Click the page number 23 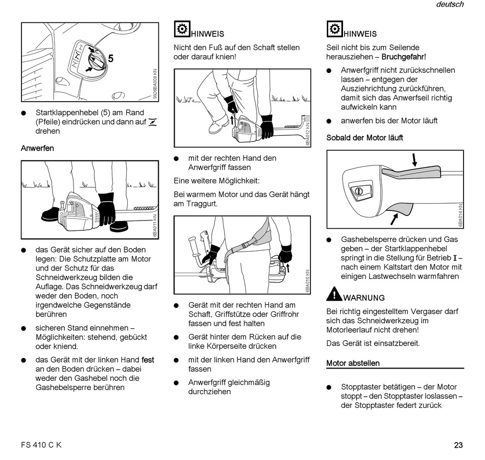point(458,445)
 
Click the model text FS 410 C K point(41,445)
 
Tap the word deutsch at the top point(450,5)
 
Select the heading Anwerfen point(37,148)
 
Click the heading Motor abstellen point(353,363)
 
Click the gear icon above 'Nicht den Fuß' point(182,29)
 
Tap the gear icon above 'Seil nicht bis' point(334,29)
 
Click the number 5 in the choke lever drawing point(110,59)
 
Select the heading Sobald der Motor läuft point(365,137)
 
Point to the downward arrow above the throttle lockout point(415,159)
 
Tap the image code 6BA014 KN point(460,215)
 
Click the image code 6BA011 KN point(155,225)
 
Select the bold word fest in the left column point(148,359)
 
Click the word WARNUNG point(364,298)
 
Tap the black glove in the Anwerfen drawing point(106,208)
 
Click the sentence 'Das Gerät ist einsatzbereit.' point(366,343)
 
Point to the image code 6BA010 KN point(307,281)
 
